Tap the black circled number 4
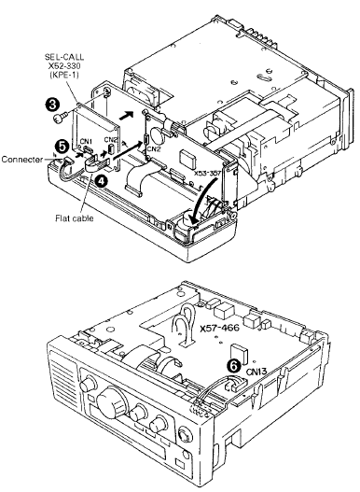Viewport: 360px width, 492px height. (100, 182)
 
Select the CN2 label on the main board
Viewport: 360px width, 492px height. (153, 148)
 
